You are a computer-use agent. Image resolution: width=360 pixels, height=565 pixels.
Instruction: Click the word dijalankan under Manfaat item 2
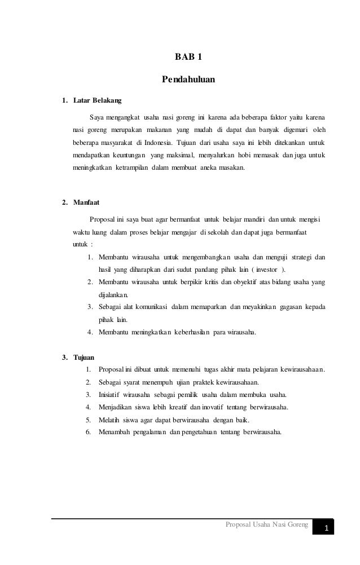(x=112, y=295)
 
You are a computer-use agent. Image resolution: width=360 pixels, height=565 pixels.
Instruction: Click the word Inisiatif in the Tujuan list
(x=112, y=394)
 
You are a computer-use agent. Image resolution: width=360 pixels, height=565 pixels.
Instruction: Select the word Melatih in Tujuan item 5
(x=110, y=420)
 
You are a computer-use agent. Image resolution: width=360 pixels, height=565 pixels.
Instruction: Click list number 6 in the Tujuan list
(x=88, y=432)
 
